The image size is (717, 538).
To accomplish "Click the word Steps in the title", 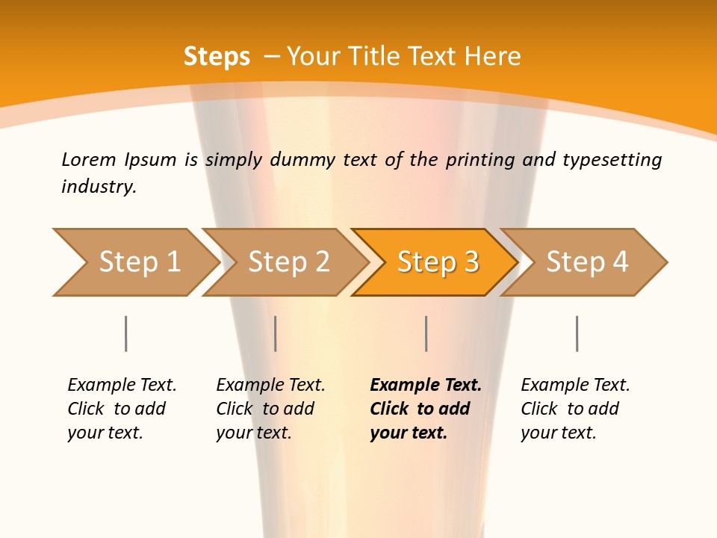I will point(217,57).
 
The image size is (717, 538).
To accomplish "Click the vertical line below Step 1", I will point(125,333).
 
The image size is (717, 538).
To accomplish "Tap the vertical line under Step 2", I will point(276,333).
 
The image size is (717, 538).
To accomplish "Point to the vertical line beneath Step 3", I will point(426,333).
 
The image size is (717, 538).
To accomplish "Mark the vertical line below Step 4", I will point(577,333).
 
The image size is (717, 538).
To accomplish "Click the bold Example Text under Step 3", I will point(426,409).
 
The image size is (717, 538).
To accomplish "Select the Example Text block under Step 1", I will point(122,409).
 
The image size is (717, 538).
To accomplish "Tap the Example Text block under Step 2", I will point(270,409).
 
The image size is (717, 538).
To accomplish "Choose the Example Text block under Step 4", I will point(575,409).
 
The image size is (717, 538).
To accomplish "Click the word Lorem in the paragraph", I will point(88,160).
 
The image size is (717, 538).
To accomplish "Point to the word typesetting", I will point(612,160).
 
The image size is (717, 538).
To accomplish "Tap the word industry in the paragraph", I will point(99,187).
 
